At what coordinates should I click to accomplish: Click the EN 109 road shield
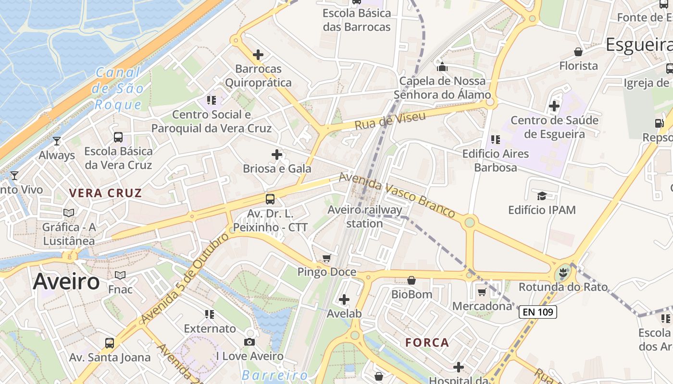[x=538, y=312]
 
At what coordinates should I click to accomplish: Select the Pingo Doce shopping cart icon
[x=327, y=259]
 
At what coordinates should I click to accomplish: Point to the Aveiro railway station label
[x=365, y=216]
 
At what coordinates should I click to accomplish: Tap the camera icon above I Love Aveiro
[x=249, y=342]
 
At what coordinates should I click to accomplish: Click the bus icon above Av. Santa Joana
[x=110, y=343]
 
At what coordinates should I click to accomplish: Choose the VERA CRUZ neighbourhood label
[x=105, y=193]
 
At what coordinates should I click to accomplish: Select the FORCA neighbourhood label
[x=427, y=343]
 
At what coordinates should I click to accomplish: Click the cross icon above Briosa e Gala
[x=277, y=155]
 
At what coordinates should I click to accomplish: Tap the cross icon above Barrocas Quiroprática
[x=258, y=55]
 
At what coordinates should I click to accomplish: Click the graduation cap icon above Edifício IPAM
[x=542, y=196]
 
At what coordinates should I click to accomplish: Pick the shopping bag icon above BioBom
[x=411, y=280]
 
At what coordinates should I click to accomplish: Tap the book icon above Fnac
[x=120, y=275]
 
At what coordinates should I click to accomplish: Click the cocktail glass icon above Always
[x=57, y=141]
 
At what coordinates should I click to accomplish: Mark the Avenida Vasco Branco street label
[x=397, y=194]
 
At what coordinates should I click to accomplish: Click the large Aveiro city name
[x=66, y=282]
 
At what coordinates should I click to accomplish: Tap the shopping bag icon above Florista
[x=578, y=52]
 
